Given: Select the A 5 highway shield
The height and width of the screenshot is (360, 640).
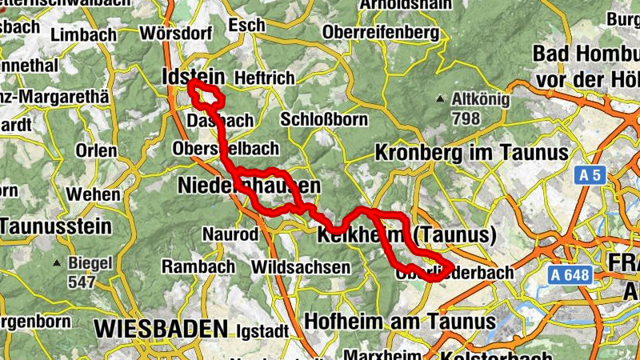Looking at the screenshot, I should [x=591, y=175].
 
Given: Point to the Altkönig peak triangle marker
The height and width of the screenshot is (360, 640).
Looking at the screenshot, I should [x=439, y=99].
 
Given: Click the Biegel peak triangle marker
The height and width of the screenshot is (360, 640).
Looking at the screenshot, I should [x=57, y=263].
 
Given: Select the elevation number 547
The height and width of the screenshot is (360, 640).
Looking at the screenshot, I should [x=82, y=282].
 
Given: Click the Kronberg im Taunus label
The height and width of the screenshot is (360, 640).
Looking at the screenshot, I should [x=471, y=152].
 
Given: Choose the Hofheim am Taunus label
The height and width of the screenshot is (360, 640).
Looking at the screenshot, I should [x=400, y=322].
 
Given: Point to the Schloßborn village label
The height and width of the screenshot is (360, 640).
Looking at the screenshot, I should [x=324, y=120].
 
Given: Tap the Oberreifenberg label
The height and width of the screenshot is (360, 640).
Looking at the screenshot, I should [x=380, y=33].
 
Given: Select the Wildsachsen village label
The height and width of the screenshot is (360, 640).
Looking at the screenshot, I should [x=301, y=266].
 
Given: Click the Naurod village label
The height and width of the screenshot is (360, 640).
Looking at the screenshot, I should [x=230, y=234].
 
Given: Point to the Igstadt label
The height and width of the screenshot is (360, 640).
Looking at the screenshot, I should [x=260, y=329].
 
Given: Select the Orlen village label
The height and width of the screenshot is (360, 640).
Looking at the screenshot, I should [x=96, y=150].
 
